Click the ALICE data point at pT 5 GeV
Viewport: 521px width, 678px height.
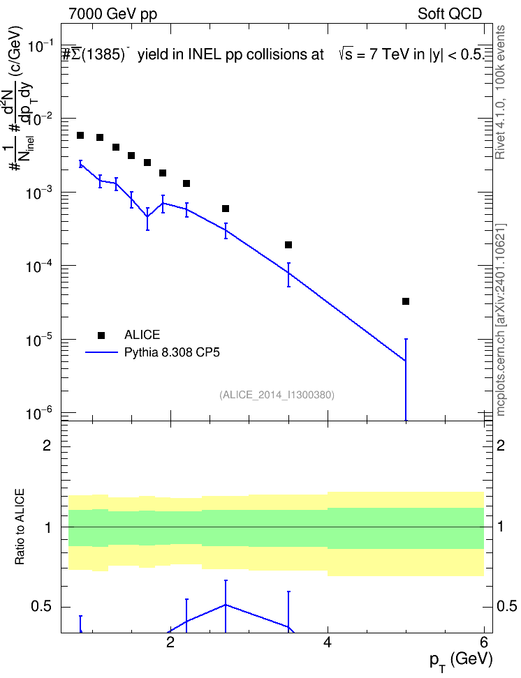[406, 301]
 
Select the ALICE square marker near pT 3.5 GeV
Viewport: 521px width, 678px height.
[288, 245]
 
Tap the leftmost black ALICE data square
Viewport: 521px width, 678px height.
[80, 135]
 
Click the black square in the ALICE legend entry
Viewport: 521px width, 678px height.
[101, 335]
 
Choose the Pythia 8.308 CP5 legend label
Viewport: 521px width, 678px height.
[172, 352]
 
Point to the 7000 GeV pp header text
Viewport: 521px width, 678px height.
[112, 14]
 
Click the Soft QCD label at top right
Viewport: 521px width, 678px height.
[450, 14]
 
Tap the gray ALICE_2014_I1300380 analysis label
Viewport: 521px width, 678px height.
[277, 395]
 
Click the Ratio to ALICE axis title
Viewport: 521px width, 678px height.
[20, 527]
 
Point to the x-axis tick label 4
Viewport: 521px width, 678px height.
[328, 642]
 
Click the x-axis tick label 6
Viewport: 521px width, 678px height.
[484, 642]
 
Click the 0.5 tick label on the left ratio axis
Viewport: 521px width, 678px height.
[41, 607]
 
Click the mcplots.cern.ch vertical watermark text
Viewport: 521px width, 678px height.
[501, 319]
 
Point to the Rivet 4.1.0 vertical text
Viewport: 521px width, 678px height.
[501, 92]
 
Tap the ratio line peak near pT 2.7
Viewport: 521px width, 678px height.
[226, 605]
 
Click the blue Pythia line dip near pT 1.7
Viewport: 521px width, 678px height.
[147, 216]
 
